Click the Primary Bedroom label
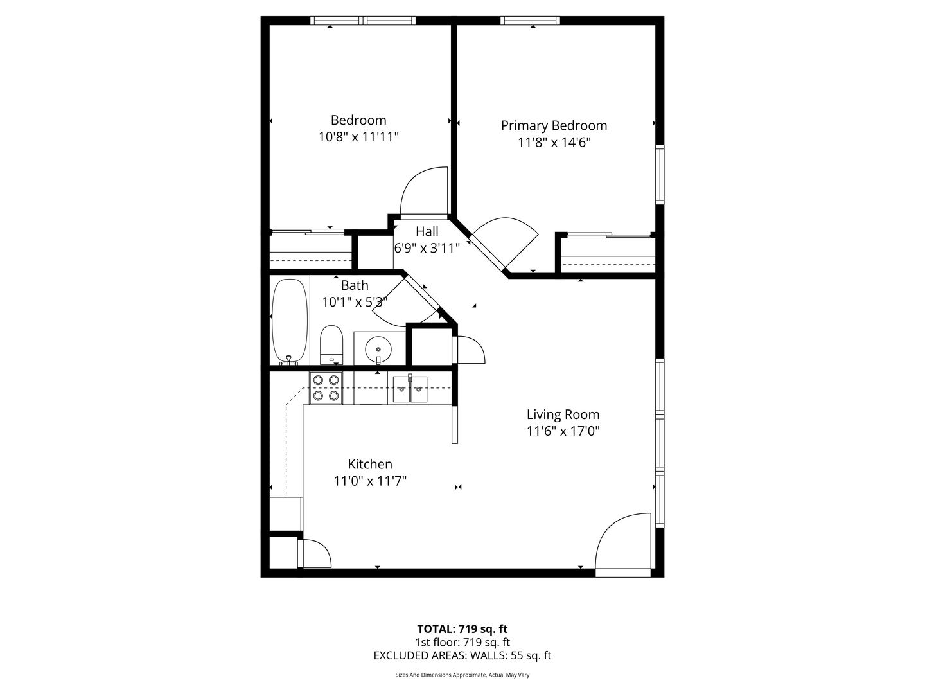pos(554,125)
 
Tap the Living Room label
pos(563,414)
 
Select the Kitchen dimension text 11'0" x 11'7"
pos(369,481)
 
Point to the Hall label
pos(427,231)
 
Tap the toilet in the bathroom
pos(331,344)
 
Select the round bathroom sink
pos(378,350)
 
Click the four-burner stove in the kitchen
pos(326,388)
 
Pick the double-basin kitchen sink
pos(410,389)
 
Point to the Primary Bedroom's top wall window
pos(530,20)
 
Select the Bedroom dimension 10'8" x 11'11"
pos(358,137)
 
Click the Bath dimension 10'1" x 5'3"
pos(355,302)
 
